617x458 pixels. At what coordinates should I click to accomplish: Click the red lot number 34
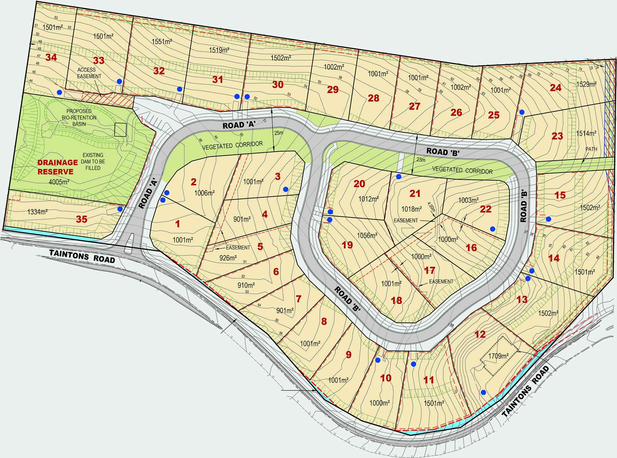pyautogui.click(x=51, y=58)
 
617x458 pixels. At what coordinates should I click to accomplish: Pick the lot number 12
pyautogui.click(x=480, y=334)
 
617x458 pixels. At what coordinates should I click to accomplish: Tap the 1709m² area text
pyautogui.click(x=498, y=356)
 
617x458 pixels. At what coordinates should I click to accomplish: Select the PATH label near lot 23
pyautogui.click(x=592, y=149)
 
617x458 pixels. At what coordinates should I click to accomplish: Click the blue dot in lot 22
pyautogui.click(x=492, y=229)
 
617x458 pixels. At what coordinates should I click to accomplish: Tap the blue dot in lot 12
pyautogui.click(x=483, y=392)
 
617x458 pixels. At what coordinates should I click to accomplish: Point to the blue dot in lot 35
pyautogui.click(x=120, y=209)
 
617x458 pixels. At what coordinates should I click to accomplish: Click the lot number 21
pyautogui.click(x=415, y=193)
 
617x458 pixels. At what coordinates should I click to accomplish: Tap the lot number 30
pyautogui.click(x=278, y=85)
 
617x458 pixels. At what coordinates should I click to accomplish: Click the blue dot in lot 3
pyautogui.click(x=286, y=189)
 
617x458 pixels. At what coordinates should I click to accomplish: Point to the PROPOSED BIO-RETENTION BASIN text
pyautogui.click(x=79, y=117)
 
